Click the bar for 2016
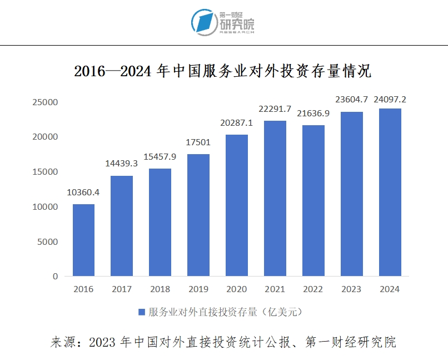tap(83, 240)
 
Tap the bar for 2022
tap(313, 200)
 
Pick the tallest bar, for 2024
tap(390, 192)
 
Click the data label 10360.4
tap(83, 193)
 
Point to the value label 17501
tap(198, 142)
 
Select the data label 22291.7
tap(275, 109)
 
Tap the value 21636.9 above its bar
tap(313, 114)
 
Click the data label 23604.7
tap(352, 100)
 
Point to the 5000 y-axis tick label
tap(48, 241)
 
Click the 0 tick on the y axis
tap(56, 277)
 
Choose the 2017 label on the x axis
tap(122, 289)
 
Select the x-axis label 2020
tap(237, 289)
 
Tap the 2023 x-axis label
tap(352, 289)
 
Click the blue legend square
tap(141, 312)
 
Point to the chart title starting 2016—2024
tap(222, 72)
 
